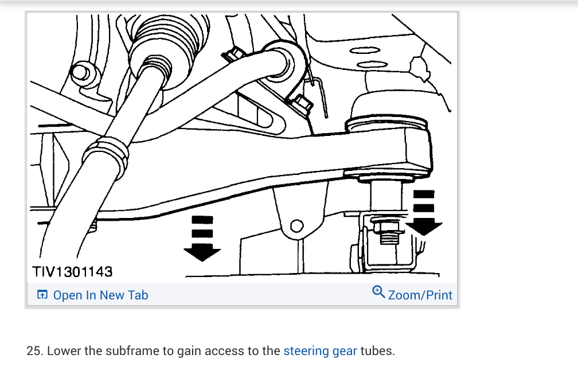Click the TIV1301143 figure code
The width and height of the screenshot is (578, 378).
tap(73, 271)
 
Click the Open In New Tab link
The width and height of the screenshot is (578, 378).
tap(100, 295)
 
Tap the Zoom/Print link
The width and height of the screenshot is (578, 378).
tap(420, 295)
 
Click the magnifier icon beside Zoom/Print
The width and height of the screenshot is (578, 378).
tap(378, 292)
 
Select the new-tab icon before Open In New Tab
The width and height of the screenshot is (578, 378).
tap(42, 295)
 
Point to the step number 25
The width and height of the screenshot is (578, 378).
tap(34, 350)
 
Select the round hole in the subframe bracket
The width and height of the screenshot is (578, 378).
tap(296, 226)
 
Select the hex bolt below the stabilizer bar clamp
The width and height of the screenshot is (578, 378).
tap(302, 104)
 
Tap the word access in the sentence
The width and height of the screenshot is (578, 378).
tap(226, 350)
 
